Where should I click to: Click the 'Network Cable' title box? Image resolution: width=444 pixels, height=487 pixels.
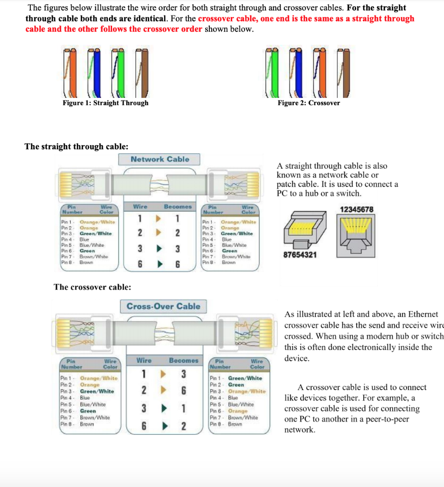(160, 159)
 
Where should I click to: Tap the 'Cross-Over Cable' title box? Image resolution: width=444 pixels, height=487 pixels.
(163, 306)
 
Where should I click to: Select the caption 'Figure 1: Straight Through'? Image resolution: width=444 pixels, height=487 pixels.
(105, 103)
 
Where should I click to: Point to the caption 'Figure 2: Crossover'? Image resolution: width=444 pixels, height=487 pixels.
(309, 103)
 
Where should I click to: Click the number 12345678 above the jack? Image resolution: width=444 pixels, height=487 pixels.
(357, 209)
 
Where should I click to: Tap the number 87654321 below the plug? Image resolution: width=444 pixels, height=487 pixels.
(301, 255)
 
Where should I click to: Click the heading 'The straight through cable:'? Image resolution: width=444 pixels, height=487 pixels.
(76, 146)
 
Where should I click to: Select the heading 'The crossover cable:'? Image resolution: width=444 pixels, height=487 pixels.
(93, 287)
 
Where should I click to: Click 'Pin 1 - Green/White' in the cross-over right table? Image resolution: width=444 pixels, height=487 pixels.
(236, 378)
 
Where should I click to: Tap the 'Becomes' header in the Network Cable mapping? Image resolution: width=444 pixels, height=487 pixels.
(178, 207)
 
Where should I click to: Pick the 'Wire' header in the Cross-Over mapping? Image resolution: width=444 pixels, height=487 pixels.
(144, 360)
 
